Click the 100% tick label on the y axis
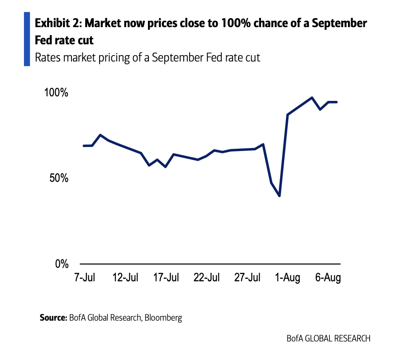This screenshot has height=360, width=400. coord(56,93)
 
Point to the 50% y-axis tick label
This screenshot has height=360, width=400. coord(59,178)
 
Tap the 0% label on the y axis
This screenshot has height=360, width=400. coord(62,264)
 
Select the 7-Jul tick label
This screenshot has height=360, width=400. coord(85,277)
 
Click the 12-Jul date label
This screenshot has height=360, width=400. coord(125,277)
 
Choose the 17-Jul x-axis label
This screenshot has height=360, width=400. coord(166,277)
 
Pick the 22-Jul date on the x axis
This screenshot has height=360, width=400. coord(207,277)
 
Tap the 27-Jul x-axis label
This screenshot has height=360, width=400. coord(248,277)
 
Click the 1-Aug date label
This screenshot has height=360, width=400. coord(288,277)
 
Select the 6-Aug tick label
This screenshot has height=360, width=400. coord(328,277)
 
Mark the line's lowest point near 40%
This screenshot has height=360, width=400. coord(280,196)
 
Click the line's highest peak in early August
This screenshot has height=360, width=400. coord(312,98)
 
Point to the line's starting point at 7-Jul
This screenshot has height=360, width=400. coord(84,146)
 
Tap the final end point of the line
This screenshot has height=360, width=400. coord(337,102)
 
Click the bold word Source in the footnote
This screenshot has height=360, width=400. coord(53,317)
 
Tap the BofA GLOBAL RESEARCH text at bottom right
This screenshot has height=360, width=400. coord(329,338)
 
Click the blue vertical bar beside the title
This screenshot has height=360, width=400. coord(27,39)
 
